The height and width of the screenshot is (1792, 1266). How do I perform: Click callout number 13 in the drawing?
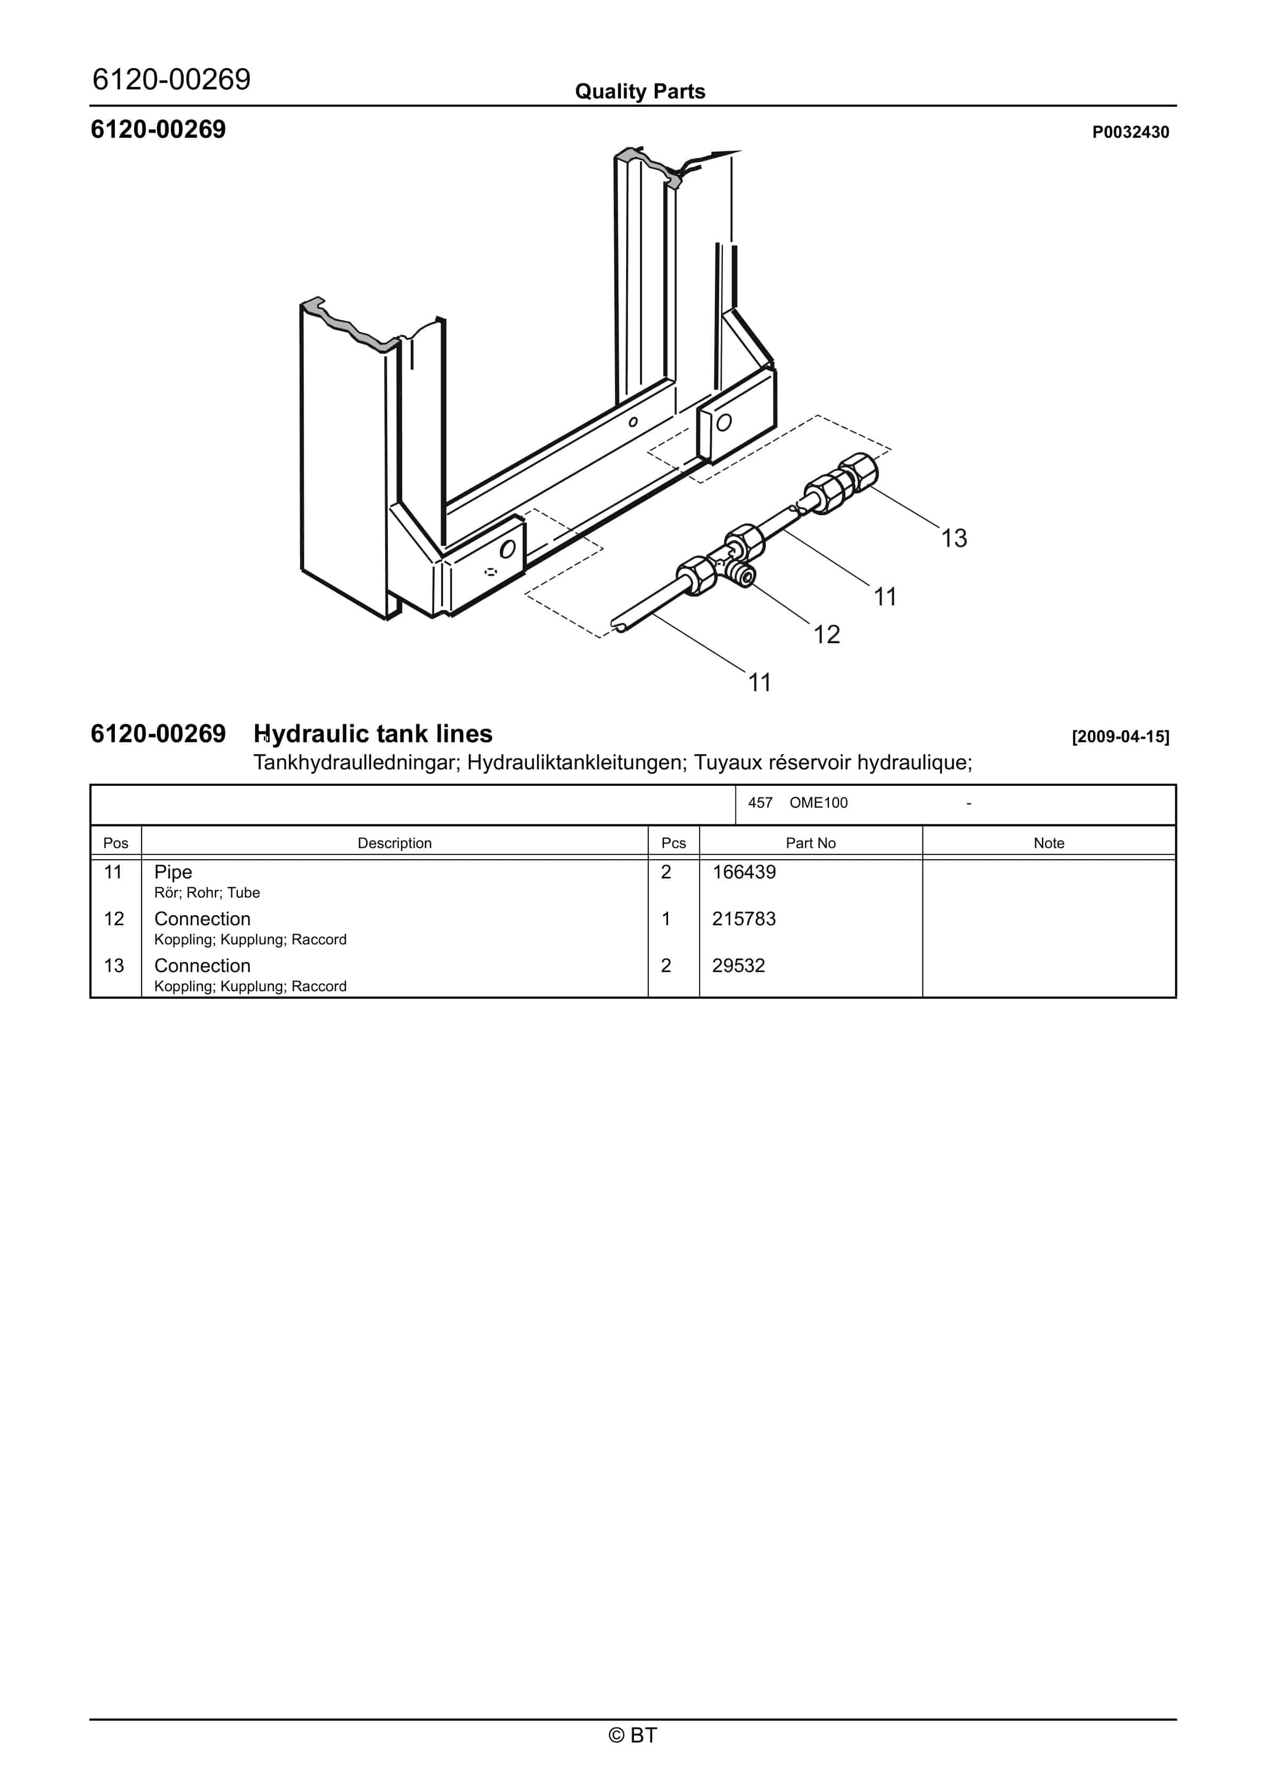coord(954,538)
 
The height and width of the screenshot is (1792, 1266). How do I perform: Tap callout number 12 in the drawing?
coord(827,635)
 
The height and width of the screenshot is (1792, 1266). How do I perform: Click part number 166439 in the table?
coord(744,872)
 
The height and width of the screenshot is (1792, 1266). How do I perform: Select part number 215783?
coord(744,919)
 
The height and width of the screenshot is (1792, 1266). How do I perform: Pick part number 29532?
coord(738,966)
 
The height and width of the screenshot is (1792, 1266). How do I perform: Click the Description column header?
coord(394,843)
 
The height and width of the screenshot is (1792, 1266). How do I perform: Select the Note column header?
coord(1048,843)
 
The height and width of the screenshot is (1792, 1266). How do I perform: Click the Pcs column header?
coord(673,843)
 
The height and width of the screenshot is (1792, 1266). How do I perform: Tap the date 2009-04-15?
coord(1120,737)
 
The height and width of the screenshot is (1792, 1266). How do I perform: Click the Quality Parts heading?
coord(640,92)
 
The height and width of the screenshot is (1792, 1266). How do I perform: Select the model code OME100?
coord(818,803)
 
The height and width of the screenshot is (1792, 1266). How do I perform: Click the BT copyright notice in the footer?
coord(633,1735)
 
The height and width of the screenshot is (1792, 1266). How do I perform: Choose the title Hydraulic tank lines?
coord(373,734)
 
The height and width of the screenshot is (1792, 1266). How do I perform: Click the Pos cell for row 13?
coord(114,966)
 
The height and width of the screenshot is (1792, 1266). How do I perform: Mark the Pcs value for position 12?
coord(666,919)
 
